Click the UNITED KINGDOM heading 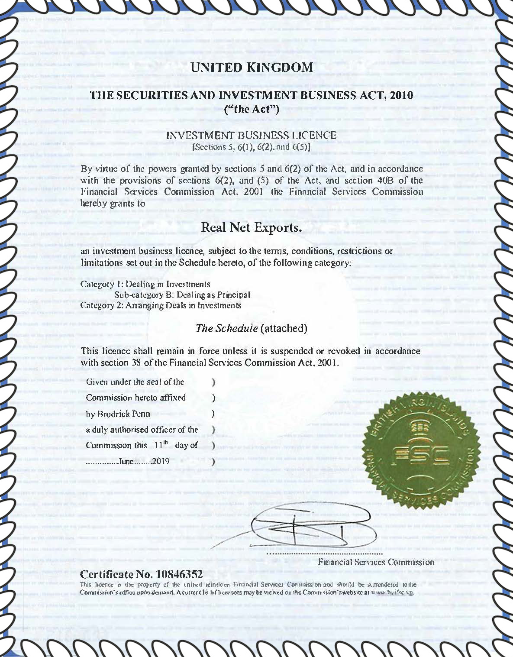tap(252, 68)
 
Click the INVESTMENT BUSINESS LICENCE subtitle tap(252, 136)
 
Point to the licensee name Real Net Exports tap(252, 227)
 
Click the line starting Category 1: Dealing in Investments tap(145, 284)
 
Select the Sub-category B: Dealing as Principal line tap(182, 295)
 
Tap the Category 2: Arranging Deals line tap(161, 305)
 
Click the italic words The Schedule tap(227, 328)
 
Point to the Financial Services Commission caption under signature tap(376, 562)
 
